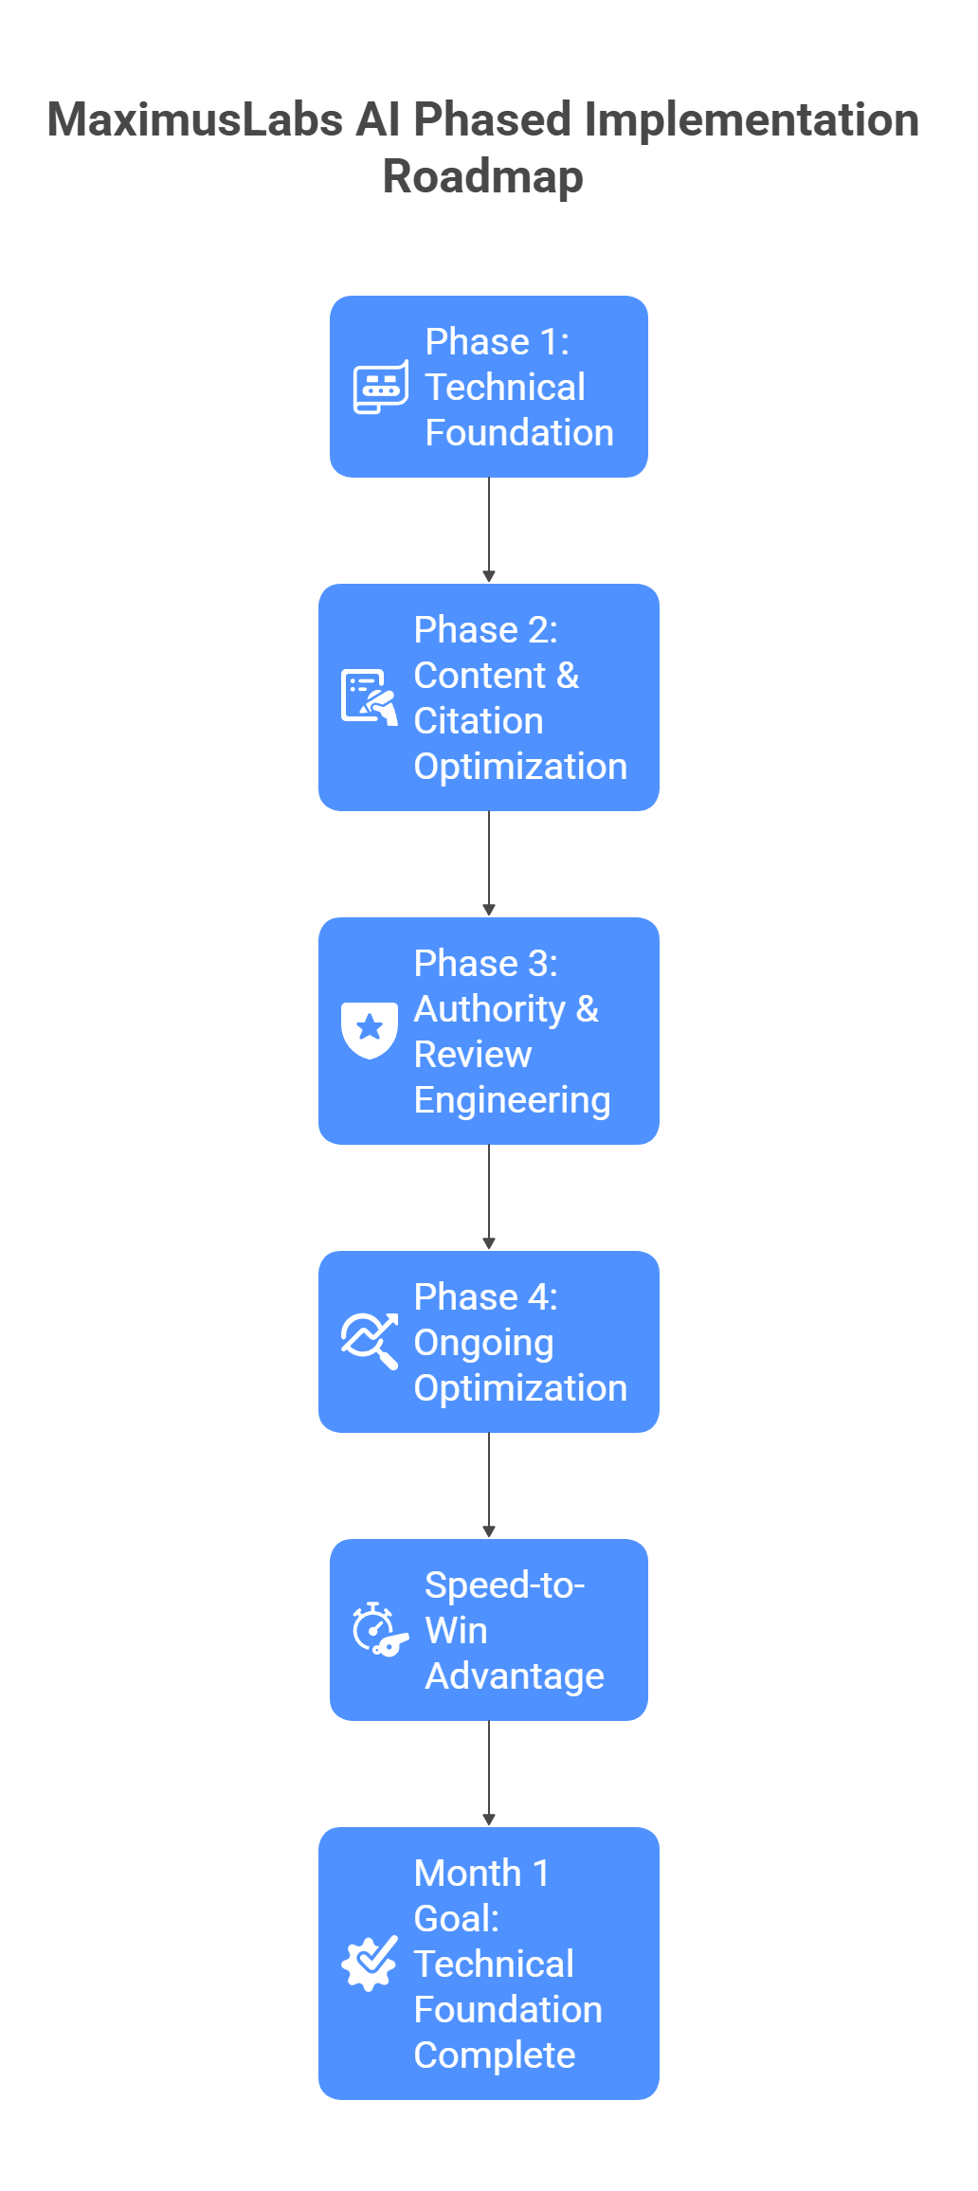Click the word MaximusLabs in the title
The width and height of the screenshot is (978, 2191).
(194, 120)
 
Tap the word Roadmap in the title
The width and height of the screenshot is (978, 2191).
(482, 176)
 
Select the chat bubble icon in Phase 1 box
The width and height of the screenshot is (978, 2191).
(381, 387)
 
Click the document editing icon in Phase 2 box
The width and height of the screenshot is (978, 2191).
(369, 697)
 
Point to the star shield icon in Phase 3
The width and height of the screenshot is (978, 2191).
(369, 1030)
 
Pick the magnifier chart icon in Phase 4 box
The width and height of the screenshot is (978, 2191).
(369, 1341)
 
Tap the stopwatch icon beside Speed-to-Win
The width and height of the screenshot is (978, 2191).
(379, 1630)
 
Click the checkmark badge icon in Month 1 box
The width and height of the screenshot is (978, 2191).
(369, 1963)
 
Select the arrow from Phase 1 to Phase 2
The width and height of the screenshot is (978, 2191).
(489, 530)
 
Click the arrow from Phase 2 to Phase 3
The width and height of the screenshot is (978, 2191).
(489, 863)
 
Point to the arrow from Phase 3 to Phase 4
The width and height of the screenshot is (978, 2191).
(489, 1197)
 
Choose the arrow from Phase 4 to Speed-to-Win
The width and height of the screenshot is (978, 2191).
(489, 1485)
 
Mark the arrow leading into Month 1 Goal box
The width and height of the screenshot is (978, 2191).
(489, 1773)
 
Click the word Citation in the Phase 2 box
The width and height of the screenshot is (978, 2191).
(479, 721)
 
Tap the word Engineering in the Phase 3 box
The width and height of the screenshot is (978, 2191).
(512, 1100)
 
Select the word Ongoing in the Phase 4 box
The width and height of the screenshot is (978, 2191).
(483, 1343)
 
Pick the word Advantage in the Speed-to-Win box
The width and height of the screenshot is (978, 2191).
(514, 1676)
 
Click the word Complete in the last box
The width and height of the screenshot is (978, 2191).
(495, 2055)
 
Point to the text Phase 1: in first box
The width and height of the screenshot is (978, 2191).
(497, 342)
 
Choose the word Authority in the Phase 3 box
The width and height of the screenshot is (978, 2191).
(489, 1009)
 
